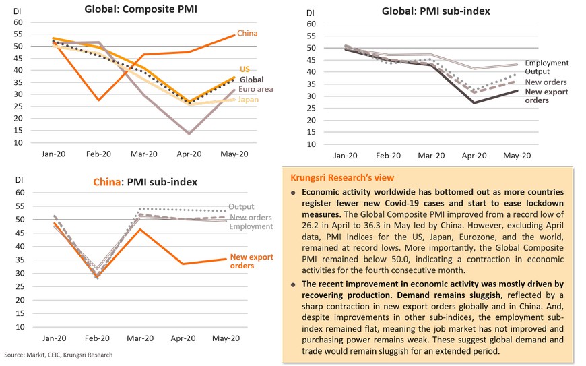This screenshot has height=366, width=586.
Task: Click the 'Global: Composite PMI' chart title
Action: pos(141,9)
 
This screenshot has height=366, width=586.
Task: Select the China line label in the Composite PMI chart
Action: pos(247,34)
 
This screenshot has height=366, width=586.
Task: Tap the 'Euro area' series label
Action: pos(251,89)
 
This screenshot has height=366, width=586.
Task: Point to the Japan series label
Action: pos(247,100)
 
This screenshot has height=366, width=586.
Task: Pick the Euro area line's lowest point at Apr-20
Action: pos(189,133)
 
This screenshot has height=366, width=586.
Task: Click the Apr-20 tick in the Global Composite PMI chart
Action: pos(189,154)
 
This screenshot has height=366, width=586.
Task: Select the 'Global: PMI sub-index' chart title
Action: pos(435,11)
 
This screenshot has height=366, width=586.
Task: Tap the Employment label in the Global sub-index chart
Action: pos(547,63)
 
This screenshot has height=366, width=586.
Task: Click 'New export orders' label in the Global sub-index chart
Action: pos(547,96)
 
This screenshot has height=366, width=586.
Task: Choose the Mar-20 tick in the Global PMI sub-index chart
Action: pos(432,156)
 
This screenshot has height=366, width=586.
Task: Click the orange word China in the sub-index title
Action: pos(108,182)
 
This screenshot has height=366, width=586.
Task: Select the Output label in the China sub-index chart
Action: pos(241,206)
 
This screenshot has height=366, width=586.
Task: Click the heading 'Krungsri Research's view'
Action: pos(342,177)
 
